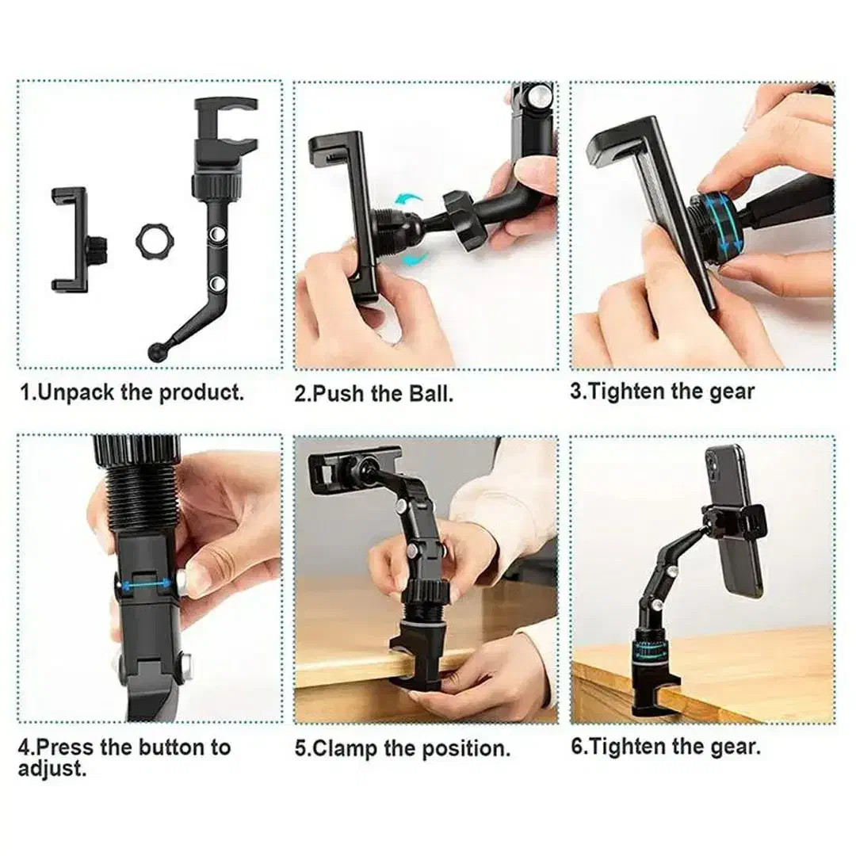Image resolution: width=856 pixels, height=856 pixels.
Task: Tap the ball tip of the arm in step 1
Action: point(155,351)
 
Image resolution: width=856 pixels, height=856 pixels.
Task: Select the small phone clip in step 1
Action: point(76,239)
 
